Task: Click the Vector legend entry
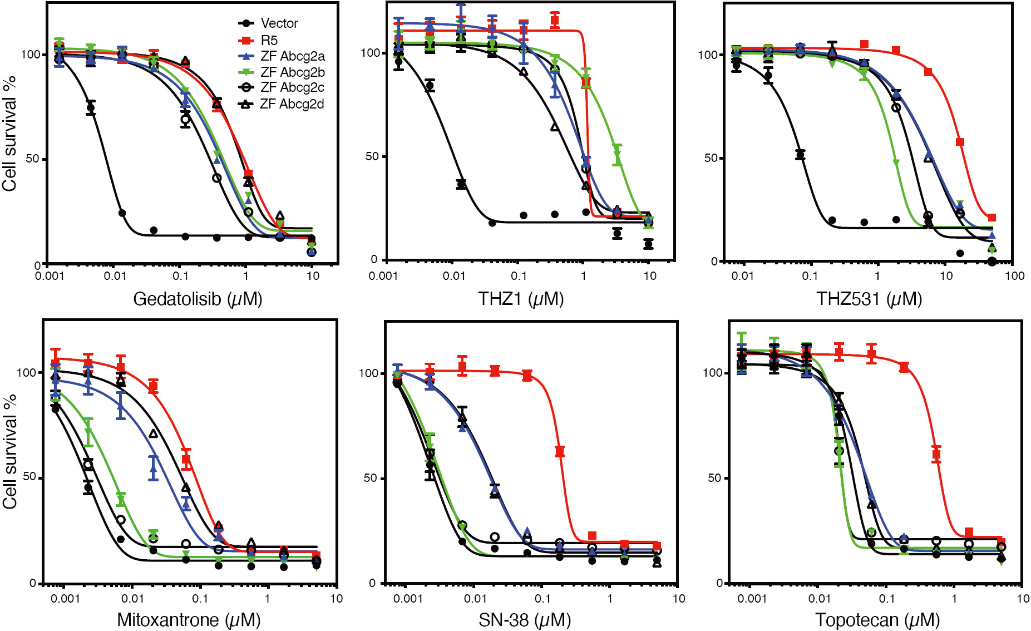pos(279,23)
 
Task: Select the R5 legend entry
pos(269,40)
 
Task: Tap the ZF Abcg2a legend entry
pos(292,56)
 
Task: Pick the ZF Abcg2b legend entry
pos(292,72)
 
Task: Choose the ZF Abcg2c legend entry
pos(292,87)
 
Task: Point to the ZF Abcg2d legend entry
pos(292,104)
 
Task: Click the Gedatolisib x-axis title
pos(198,299)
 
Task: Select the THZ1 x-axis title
pos(521,299)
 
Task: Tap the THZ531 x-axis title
pos(869,299)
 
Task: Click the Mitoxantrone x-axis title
pos(189,620)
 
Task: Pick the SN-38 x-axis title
pos(525,620)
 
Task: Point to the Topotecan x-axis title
pos(877,620)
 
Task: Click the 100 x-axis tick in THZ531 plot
pos(1014,276)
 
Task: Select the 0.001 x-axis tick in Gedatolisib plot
pos(50,276)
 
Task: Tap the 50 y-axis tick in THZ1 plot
pos(372,156)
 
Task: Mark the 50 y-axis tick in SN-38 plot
pos(370,478)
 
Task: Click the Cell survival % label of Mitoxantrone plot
pos(10,452)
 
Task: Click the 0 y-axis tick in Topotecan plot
pos(719,583)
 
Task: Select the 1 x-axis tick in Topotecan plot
pos(954,599)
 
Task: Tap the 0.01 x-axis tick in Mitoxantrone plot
pos(132,599)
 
